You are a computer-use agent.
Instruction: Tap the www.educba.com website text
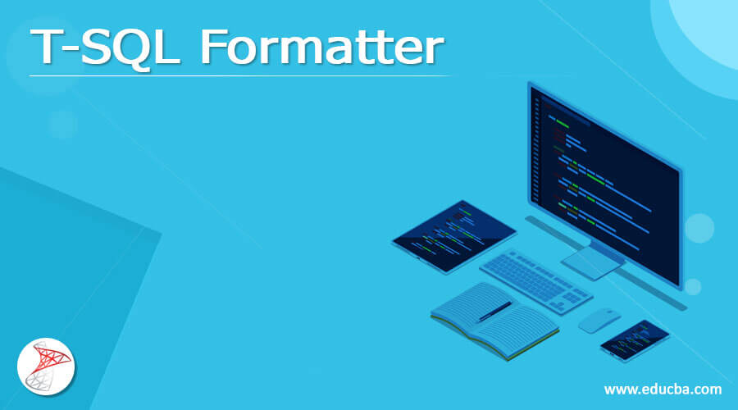click(663, 389)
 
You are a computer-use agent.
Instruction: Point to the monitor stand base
click(592, 260)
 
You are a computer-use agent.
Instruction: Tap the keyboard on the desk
click(535, 279)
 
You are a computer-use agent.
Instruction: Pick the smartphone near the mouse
click(635, 339)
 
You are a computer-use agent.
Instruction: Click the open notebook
click(494, 320)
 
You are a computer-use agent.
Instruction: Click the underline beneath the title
click(238, 75)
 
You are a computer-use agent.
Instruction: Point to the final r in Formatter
click(434, 52)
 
